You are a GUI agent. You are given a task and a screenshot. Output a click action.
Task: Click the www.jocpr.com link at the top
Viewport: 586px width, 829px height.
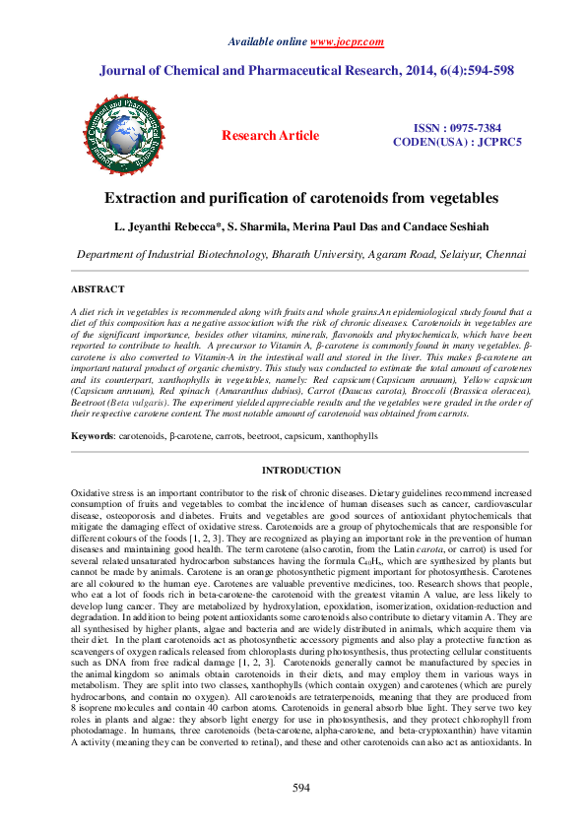click(347, 41)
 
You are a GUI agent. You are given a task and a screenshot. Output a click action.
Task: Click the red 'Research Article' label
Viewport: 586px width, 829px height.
click(270, 136)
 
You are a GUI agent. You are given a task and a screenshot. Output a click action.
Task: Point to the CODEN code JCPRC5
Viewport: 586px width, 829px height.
click(493, 142)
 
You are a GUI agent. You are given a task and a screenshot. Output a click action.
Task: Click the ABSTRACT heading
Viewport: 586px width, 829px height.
click(98, 289)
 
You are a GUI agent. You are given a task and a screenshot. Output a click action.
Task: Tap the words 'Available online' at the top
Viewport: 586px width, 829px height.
click(267, 41)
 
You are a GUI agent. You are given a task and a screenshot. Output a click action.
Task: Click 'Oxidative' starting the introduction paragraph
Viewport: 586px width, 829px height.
click(93, 489)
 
